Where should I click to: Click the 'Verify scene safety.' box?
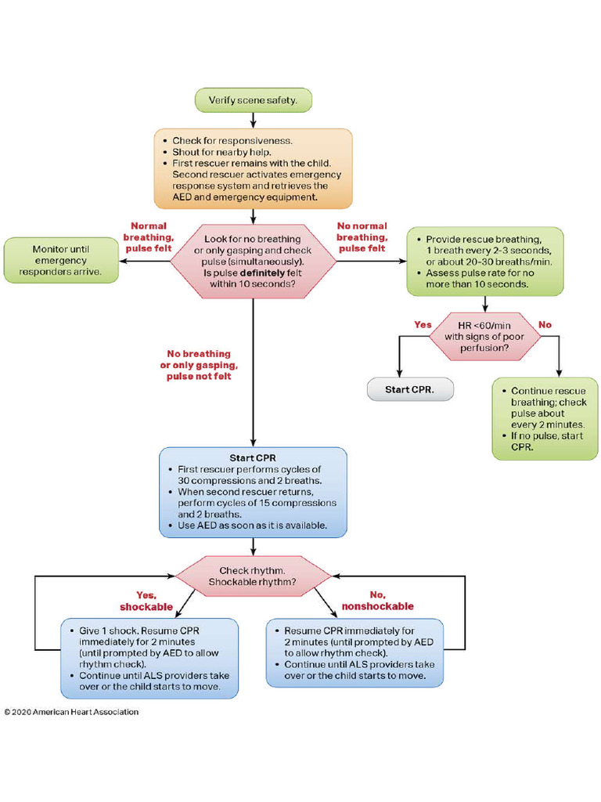click(x=254, y=100)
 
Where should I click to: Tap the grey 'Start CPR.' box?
click(x=410, y=389)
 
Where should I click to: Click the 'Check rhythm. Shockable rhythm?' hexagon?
click(x=253, y=576)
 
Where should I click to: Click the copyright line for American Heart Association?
click(x=71, y=712)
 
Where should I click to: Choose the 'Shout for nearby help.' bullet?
click(x=221, y=152)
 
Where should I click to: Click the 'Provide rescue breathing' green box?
click(x=484, y=262)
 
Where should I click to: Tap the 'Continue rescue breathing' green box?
click(x=545, y=418)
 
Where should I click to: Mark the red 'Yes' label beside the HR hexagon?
click(x=423, y=323)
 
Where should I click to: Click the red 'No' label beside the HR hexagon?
click(x=545, y=323)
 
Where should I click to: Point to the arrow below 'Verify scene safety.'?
click(x=254, y=119)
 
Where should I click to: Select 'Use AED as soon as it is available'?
click(x=252, y=526)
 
